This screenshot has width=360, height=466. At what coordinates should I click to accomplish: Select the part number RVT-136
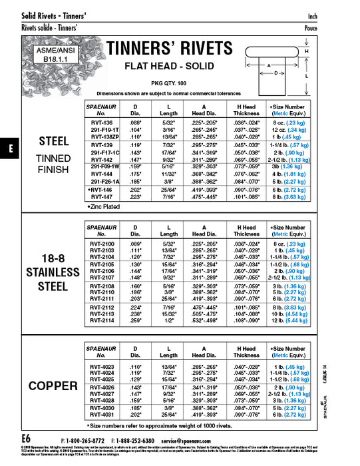point(100,122)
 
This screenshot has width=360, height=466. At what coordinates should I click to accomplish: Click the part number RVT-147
point(100,197)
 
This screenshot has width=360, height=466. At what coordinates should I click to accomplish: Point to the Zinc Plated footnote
point(102,207)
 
